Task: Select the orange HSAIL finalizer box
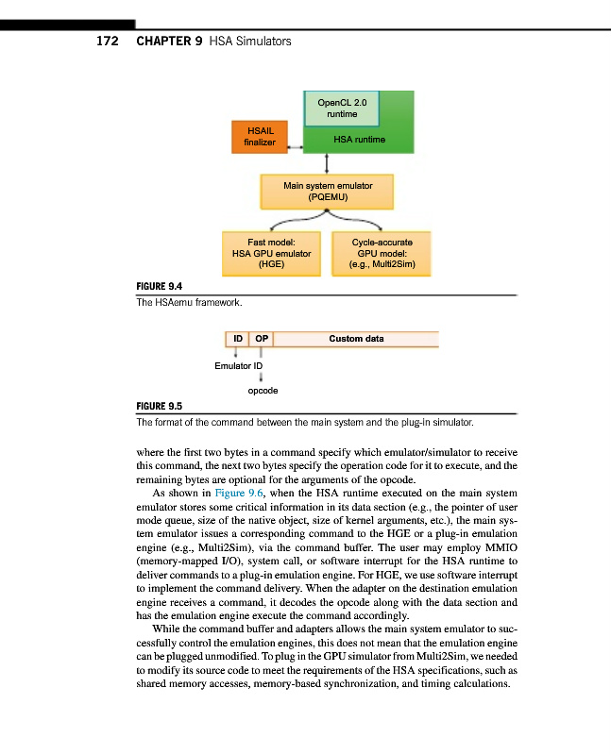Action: coord(260,137)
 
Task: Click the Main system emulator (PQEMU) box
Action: coord(328,192)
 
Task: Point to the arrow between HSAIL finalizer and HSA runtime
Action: coord(295,147)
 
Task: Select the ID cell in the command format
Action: coord(237,338)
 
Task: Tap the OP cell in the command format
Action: coord(261,338)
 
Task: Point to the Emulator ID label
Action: coord(238,365)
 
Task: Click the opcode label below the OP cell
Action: coord(262,389)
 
